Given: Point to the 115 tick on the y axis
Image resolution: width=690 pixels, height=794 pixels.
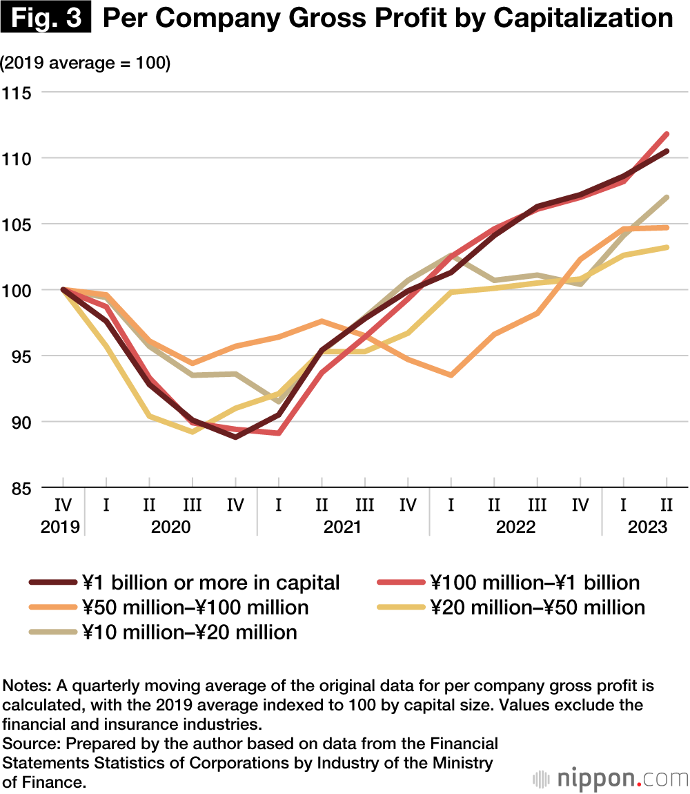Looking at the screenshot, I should pos(21,92).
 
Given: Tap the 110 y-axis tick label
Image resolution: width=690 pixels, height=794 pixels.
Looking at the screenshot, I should pos(21,158).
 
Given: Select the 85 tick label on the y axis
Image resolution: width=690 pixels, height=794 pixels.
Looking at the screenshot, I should pos(21,488).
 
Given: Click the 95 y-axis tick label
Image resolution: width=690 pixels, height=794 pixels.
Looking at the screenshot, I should pos(21,356).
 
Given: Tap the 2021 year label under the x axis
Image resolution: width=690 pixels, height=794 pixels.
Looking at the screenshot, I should pos(342,527).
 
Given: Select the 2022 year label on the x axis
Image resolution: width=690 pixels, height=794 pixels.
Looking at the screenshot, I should pos(515,527).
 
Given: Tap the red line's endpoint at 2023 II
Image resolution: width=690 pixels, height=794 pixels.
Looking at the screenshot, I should pos(667,134).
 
